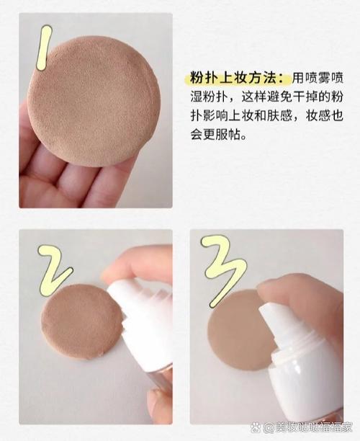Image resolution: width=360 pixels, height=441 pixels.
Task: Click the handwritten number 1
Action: (45, 48)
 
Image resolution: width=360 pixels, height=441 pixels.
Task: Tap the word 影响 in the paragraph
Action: (215, 116)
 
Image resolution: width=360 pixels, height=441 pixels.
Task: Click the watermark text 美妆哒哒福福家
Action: (313, 427)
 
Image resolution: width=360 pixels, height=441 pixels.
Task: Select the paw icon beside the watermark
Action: (255, 427)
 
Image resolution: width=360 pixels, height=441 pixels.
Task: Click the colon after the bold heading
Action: (284, 79)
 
